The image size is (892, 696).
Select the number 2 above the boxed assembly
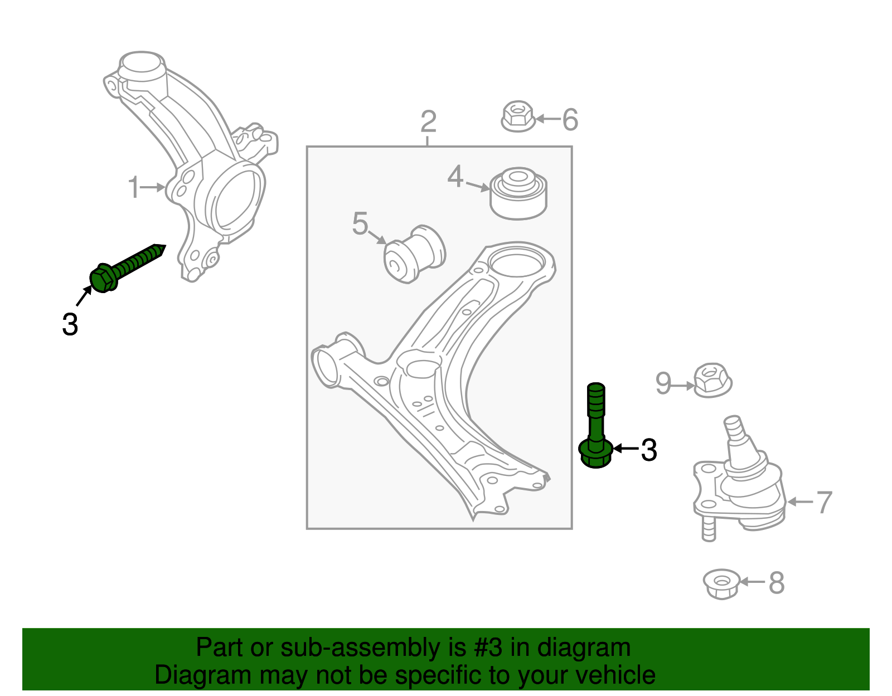tap(428, 121)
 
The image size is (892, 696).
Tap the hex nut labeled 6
tap(518, 116)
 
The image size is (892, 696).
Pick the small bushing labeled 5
tap(414, 254)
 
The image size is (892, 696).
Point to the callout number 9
tap(663, 383)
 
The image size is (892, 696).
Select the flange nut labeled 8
tap(722, 583)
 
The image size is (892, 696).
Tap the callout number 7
tap(824, 502)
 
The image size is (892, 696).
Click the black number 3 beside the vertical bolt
tap(649, 450)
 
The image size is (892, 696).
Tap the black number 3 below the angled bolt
tap(70, 324)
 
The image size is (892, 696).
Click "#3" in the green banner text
tap(488, 648)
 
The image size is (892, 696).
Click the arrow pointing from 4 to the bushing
tap(477, 186)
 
